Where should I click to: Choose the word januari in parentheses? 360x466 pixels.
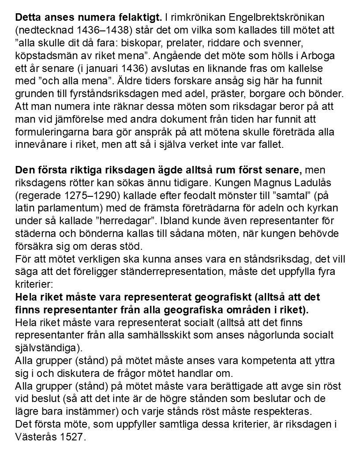tap(106, 69)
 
